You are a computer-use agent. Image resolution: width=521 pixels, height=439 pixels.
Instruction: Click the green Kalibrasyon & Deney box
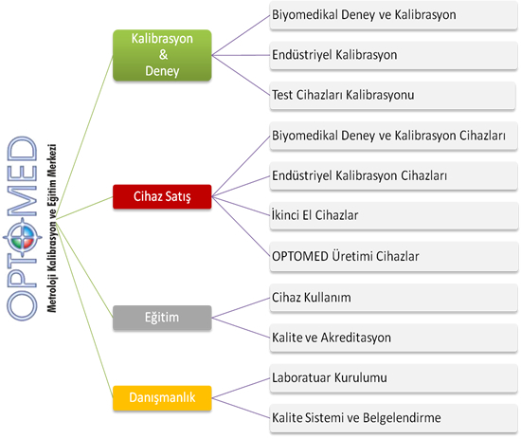162,55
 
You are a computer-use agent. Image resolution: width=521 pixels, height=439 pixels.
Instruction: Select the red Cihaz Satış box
162,196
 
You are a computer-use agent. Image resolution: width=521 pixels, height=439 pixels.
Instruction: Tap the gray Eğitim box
162,318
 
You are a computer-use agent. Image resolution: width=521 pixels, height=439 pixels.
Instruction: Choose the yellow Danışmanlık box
162,398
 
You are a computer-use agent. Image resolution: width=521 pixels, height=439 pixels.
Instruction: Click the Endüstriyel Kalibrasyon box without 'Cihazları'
393,55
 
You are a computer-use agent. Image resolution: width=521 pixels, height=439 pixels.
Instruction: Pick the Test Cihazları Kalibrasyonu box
393,96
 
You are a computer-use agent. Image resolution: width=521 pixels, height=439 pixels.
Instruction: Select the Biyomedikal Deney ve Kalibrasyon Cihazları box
393,136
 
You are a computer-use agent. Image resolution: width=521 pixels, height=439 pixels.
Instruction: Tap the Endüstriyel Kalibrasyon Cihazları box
393,176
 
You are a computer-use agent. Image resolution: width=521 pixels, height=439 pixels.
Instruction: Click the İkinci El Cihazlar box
394,215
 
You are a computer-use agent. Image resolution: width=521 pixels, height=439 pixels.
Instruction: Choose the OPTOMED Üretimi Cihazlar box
394,256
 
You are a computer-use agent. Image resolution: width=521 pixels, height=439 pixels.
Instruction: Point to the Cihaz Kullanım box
393,298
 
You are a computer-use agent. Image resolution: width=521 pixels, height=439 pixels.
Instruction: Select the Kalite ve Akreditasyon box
393,338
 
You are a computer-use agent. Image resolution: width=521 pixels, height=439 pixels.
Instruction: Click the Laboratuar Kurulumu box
393,378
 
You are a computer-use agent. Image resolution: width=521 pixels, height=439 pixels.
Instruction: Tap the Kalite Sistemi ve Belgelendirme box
393,418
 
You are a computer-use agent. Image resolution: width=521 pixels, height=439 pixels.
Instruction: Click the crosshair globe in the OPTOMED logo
23,237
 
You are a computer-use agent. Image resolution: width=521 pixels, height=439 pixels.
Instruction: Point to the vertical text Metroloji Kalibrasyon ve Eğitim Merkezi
52,229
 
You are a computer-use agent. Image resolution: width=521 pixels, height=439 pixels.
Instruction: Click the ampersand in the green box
163,55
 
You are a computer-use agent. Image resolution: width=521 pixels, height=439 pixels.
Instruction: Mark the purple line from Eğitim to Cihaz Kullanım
241,308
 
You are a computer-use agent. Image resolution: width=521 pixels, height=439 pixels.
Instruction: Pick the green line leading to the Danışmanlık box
84,308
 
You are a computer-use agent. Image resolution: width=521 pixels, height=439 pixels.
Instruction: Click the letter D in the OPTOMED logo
22,150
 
